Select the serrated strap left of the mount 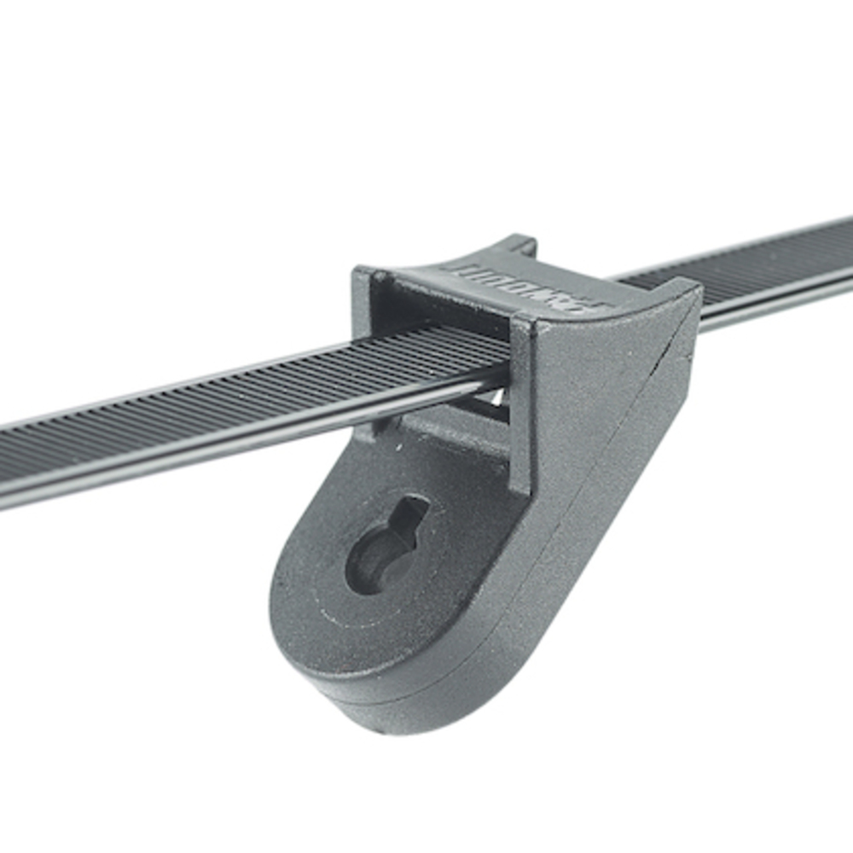(x=213, y=409)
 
